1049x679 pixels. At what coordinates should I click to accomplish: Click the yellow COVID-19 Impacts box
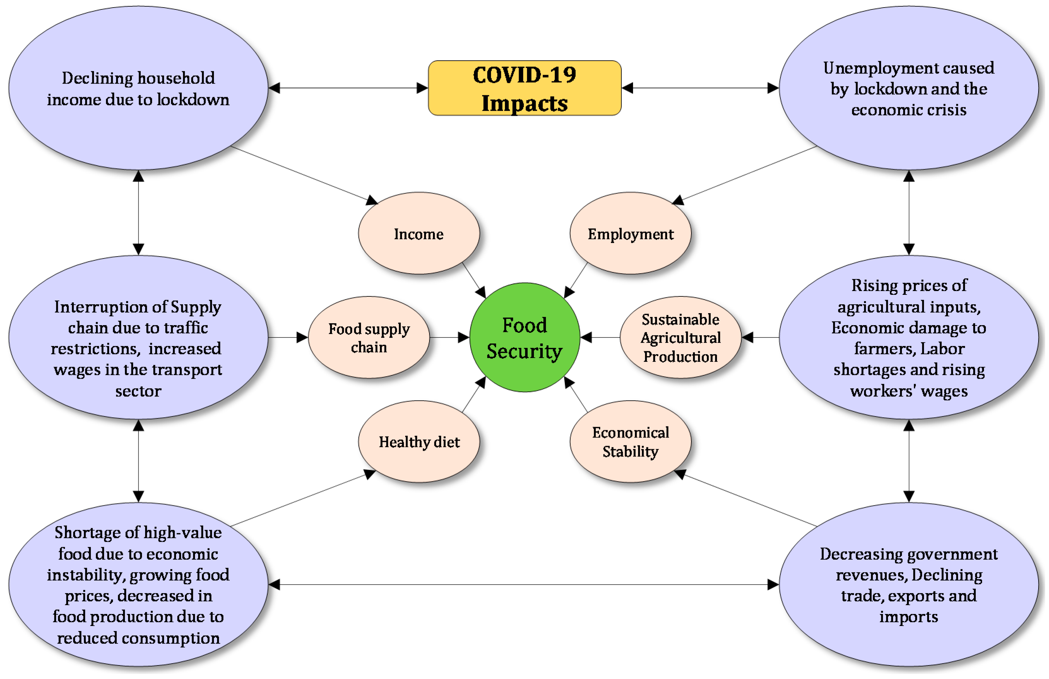(x=524, y=88)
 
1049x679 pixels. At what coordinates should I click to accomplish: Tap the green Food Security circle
(x=524, y=338)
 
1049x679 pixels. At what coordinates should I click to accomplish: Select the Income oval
(x=419, y=234)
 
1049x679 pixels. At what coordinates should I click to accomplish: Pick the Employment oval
(x=630, y=234)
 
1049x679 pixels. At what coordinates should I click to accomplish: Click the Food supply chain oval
(x=369, y=338)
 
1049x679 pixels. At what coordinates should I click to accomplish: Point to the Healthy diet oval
(x=419, y=442)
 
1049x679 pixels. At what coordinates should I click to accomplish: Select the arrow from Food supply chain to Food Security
(x=450, y=338)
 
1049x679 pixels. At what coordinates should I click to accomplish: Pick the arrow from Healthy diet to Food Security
(x=474, y=395)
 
